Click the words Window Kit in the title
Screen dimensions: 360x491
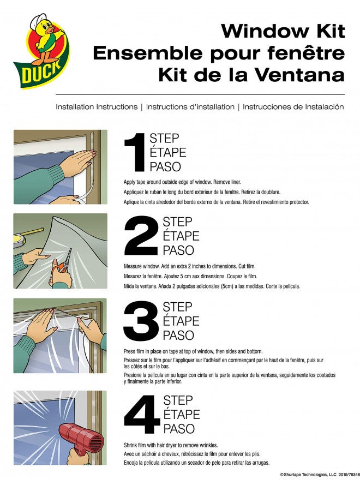tap(283, 31)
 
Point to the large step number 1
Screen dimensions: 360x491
tap(135, 152)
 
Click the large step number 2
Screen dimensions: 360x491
tap(141, 236)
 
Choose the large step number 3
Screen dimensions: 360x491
tap(141, 321)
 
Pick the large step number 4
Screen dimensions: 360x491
tap(142, 414)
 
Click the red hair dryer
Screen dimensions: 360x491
tap(81, 438)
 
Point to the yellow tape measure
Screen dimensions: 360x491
tap(26, 236)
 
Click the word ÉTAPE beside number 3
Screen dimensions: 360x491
tap(181, 321)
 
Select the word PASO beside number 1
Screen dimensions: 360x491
tap(165, 166)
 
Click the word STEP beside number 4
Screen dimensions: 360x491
tap(177, 400)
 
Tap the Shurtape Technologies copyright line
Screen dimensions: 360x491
tap(320, 475)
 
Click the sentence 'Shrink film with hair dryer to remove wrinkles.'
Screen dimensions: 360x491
tap(171, 445)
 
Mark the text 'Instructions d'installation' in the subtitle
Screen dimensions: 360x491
tap(190, 107)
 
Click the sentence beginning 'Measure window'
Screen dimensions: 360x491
tap(190, 266)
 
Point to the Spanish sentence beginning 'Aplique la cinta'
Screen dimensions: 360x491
tap(217, 202)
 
